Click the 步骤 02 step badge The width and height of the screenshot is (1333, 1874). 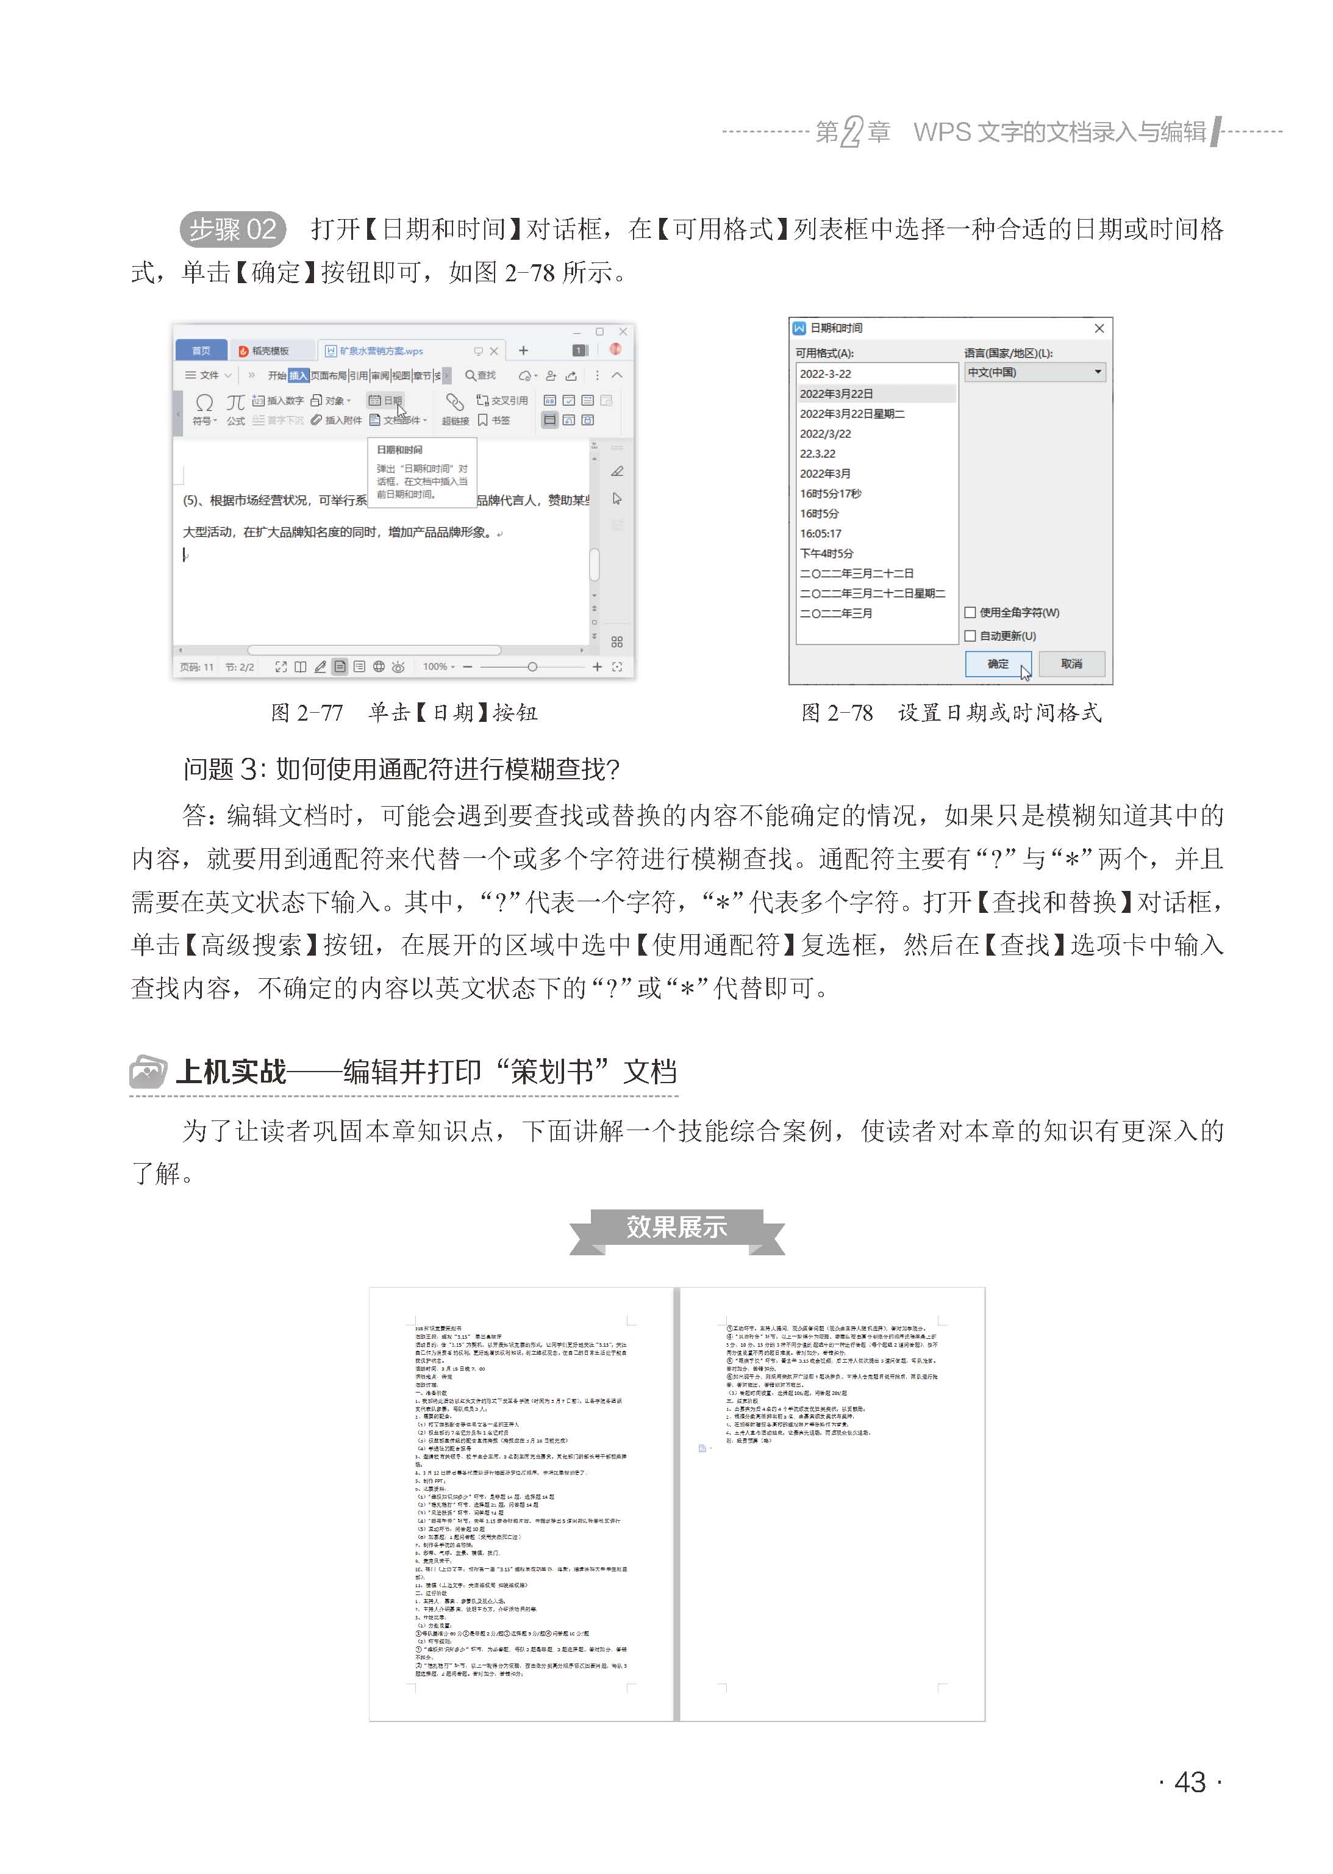click(232, 229)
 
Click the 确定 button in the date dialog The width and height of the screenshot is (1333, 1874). click(997, 663)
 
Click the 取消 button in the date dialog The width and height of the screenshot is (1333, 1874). click(1071, 663)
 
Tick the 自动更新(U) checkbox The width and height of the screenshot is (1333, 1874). click(970, 636)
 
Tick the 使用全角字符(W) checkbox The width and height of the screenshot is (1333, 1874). click(970, 613)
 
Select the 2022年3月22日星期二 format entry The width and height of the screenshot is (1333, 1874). click(852, 414)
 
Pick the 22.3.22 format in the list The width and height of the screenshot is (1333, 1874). click(818, 454)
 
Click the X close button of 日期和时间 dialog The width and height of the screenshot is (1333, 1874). click(1099, 328)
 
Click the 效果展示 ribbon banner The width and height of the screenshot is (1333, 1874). click(676, 1228)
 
